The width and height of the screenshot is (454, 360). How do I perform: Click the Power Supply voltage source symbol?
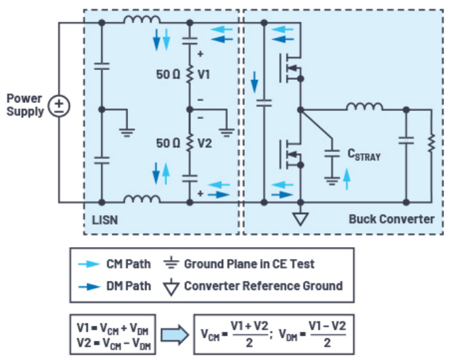59,106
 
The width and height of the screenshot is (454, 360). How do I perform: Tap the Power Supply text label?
24,105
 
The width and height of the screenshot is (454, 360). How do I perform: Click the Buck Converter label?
391,219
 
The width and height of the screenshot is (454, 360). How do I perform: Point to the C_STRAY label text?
364,155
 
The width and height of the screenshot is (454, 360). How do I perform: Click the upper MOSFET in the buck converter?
291,65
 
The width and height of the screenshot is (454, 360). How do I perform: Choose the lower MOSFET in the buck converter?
291,155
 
